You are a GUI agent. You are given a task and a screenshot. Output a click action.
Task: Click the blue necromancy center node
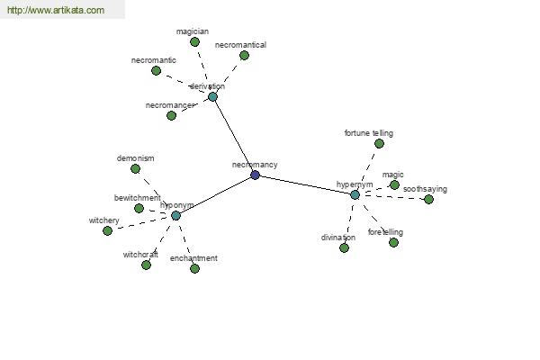(x=255, y=175)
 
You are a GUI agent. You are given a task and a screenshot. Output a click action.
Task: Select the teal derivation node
(x=212, y=97)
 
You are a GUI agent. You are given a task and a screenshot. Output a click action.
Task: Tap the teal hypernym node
(x=355, y=195)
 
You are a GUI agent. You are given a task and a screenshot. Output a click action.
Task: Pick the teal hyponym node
(x=176, y=216)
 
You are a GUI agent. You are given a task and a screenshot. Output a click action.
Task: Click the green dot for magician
(x=194, y=42)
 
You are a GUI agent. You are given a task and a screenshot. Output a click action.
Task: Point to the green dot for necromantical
(x=244, y=55)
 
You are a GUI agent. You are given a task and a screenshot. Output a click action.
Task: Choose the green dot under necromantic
(x=156, y=70)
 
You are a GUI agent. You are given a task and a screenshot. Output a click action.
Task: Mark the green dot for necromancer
(x=172, y=116)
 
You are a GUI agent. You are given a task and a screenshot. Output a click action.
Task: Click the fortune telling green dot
(x=379, y=144)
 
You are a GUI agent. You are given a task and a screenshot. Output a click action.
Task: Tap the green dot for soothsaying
(x=428, y=199)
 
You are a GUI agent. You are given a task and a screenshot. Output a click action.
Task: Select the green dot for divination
(x=344, y=248)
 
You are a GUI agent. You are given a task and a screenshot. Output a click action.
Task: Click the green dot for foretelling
(x=393, y=242)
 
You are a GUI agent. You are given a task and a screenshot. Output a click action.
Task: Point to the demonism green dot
(x=135, y=169)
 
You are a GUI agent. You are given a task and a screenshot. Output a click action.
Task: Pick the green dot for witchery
(x=107, y=230)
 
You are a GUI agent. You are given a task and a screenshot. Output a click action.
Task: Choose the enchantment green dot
(x=194, y=268)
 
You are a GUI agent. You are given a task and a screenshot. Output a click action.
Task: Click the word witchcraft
(x=140, y=255)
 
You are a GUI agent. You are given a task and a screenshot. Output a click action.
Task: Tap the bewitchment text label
(x=138, y=198)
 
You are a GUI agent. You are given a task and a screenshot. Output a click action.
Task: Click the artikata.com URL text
(x=56, y=10)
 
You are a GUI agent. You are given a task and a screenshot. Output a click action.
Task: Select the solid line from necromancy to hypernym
(x=305, y=185)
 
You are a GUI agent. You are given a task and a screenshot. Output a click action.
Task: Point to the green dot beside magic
(x=395, y=185)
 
